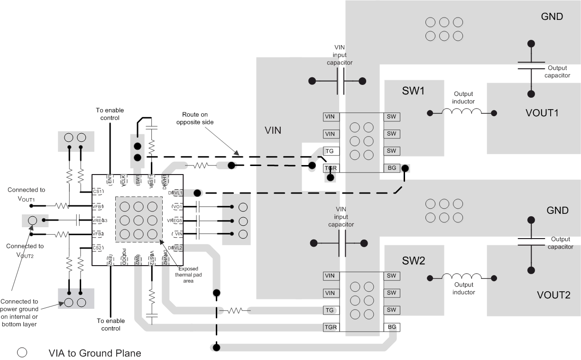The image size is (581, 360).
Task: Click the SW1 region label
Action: pos(413,91)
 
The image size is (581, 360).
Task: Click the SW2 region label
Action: pos(413,260)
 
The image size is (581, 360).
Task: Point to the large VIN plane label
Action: pos(274,130)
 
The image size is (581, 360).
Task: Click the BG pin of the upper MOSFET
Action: pos(392,168)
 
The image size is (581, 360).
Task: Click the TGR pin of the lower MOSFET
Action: pos(331,327)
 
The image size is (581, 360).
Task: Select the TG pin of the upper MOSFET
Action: pos(331,151)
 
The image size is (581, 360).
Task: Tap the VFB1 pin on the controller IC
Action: pos(98,206)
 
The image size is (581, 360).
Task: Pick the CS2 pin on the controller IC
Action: pos(98,248)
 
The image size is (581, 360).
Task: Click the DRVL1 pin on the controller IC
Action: pos(175,193)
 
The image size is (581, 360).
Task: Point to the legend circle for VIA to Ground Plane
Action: pos(22,352)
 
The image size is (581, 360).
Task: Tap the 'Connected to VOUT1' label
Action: pos(26,194)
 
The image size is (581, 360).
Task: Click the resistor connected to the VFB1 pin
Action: pos(61,206)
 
